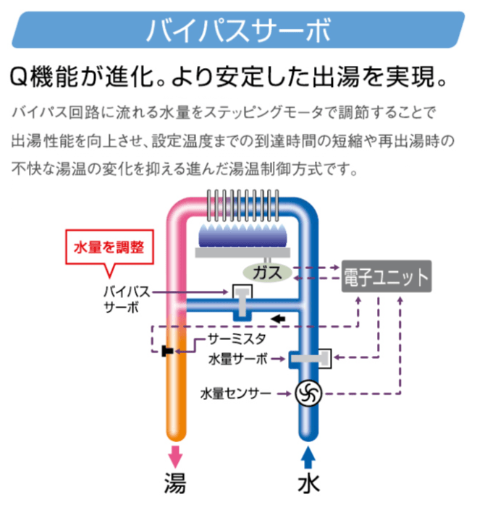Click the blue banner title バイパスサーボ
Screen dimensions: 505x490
238,30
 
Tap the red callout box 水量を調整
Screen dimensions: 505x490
109,247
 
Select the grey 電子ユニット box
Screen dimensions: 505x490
386,277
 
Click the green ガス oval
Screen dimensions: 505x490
267,272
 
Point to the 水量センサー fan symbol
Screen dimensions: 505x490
308,394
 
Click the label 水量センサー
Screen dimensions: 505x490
236,394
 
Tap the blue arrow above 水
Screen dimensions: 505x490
308,457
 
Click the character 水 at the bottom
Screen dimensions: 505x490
308,484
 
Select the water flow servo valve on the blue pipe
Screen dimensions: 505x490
310,358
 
